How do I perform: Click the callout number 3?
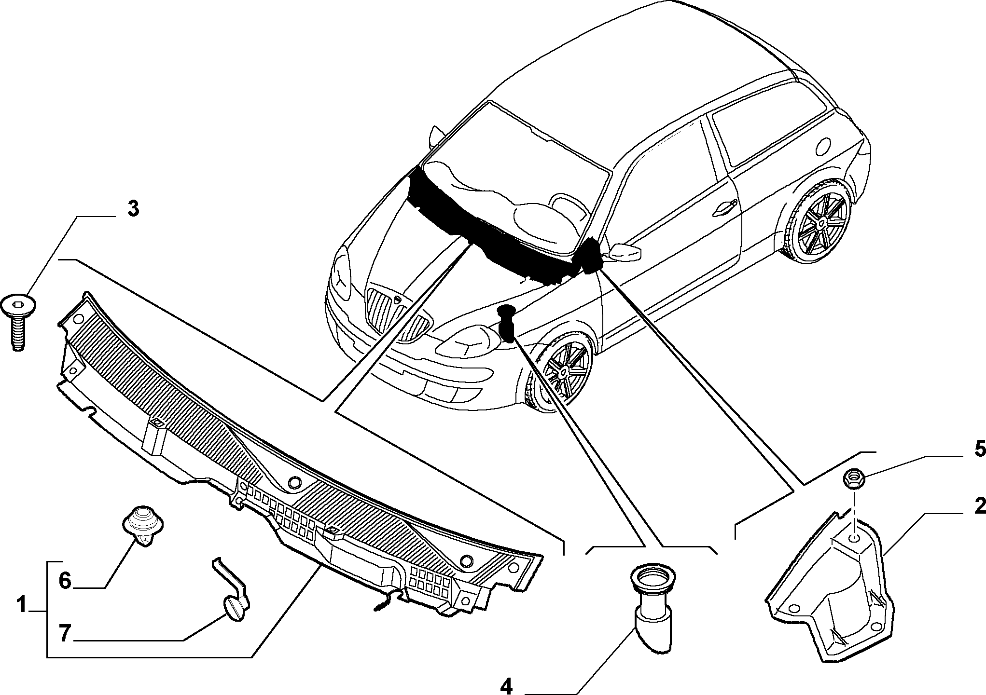(x=133, y=210)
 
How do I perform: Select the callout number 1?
(x=21, y=605)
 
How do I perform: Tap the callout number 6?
(x=65, y=580)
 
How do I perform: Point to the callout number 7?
(x=65, y=634)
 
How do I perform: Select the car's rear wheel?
(x=816, y=221)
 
